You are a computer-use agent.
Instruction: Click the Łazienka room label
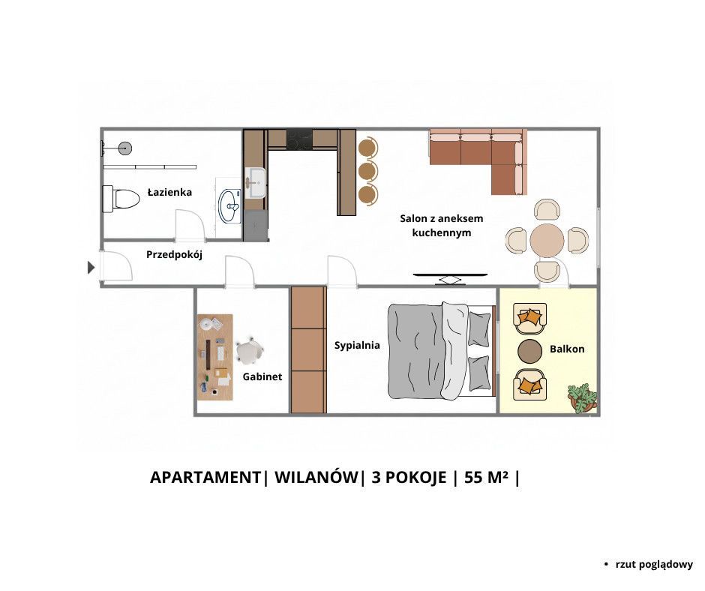169,192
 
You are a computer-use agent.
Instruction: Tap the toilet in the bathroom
121,198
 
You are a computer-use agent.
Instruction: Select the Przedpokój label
174,255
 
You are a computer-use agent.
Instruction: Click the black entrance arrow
91,268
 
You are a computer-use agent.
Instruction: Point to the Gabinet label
262,376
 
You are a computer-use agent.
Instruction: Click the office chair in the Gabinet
249,351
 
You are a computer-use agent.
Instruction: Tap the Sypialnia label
357,346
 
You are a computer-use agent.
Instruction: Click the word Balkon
567,349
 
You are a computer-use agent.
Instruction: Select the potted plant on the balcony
582,398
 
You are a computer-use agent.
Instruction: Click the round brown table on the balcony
530,351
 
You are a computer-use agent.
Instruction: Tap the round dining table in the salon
547,241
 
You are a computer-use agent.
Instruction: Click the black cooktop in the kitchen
299,139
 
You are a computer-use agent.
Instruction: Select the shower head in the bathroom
125,148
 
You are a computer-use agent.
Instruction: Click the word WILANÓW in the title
316,477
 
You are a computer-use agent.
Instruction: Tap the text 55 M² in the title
487,477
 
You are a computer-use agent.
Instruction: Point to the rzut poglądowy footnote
654,565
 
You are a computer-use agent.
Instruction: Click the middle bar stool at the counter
368,171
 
